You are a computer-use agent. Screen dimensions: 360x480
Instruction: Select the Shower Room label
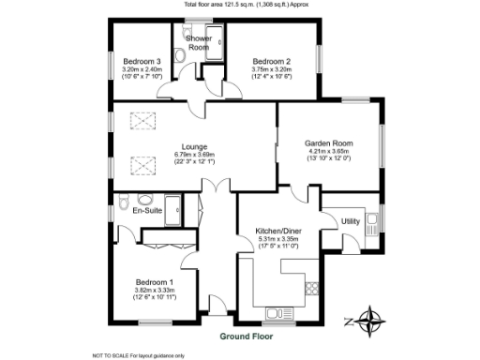point(199,42)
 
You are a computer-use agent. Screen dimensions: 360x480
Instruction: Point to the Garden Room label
point(327,143)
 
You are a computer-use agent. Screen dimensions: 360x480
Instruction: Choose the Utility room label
point(351,221)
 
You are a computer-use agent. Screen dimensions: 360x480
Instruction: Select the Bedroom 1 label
point(155,282)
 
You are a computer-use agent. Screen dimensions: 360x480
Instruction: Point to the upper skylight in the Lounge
point(142,121)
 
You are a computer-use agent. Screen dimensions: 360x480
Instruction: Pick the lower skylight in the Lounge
point(142,166)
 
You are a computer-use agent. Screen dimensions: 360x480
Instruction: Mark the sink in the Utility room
point(373,223)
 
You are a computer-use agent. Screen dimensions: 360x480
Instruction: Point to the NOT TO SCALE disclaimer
point(137,354)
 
